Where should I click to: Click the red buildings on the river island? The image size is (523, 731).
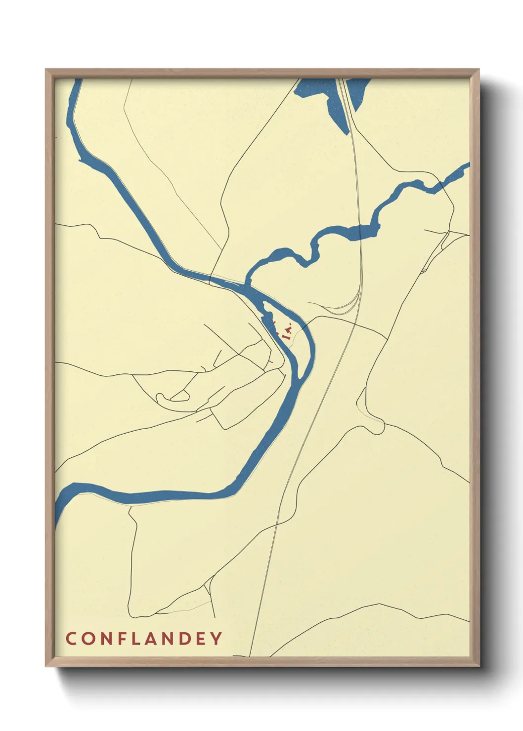(286, 330)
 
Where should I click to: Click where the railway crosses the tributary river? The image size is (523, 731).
(360, 230)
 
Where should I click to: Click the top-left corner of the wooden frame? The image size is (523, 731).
(46, 70)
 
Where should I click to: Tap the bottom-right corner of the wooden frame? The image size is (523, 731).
(479, 666)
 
